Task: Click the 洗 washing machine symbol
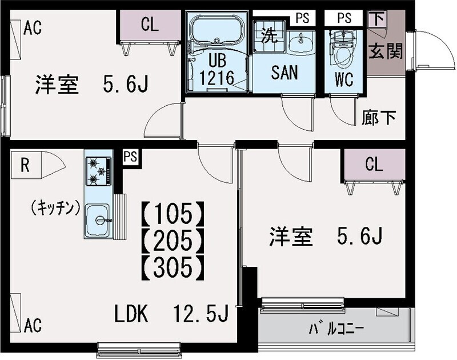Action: [267, 35]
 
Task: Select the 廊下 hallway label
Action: [379, 118]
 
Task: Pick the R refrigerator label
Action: [25, 165]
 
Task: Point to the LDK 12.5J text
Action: [171, 314]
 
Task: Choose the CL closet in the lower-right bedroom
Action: [373, 165]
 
